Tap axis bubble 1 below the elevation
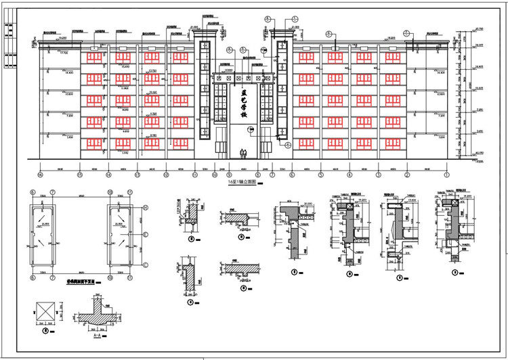coord(447,175)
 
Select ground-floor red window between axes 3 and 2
coord(393,142)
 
